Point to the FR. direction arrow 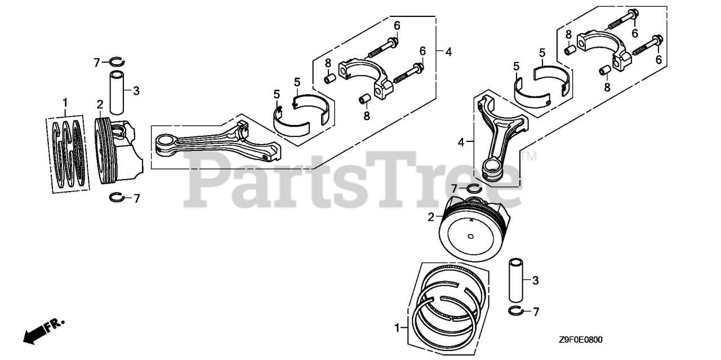click(43, 331)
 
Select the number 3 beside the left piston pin click(135, 90)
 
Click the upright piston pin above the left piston click(117, 91)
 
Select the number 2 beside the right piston click(431, 217)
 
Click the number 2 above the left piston click(100, 104)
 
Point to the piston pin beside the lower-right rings click(517, 280)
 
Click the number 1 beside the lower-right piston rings click(398, 327)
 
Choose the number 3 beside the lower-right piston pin click(536, 280)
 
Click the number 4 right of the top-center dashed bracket click(448, 52)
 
